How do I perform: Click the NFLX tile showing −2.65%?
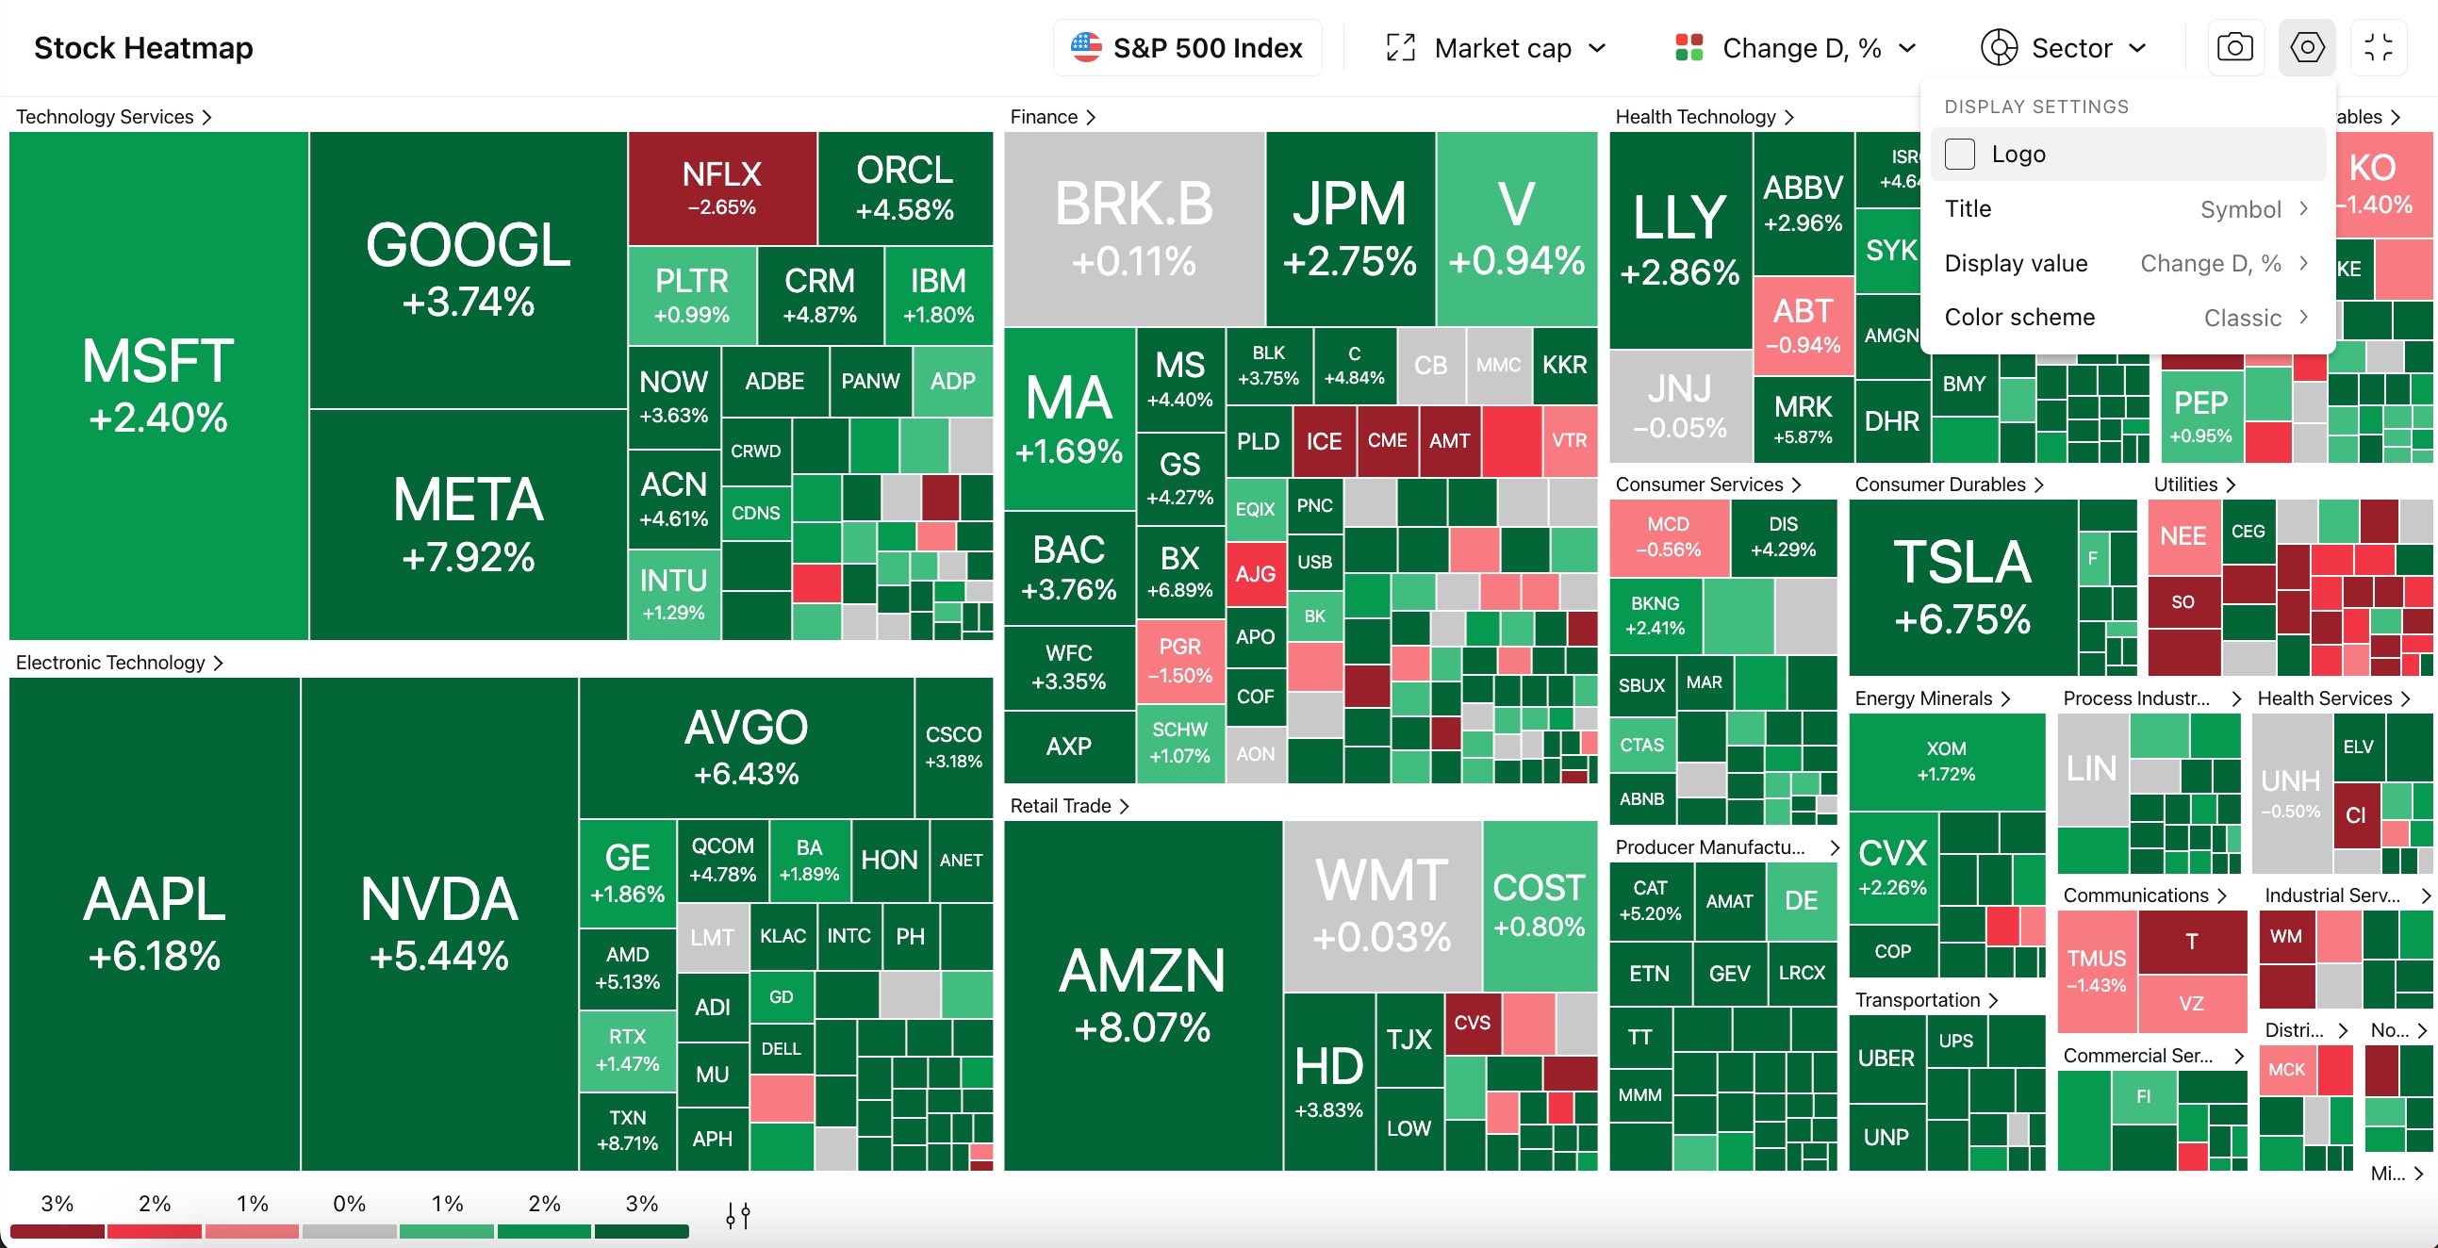point(721,188)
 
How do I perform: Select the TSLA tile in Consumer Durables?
point(1962,586)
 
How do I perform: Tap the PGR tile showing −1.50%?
point(1179,661)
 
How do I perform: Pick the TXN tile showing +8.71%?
point(627,1130)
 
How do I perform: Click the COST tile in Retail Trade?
point(1538,905)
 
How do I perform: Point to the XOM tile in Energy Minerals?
point(1946,761)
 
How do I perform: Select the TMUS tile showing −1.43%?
point(2097,970)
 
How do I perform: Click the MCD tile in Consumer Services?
point(1668,536)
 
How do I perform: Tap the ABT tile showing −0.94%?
point(1802,324)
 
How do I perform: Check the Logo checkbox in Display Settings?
point(1960,155)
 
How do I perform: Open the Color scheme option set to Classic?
point(2126,318)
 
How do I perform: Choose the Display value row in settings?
point(2126,264)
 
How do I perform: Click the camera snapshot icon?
point(2234,47)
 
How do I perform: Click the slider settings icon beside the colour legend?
point(738,1216)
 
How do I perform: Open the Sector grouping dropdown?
point(2064,48)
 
